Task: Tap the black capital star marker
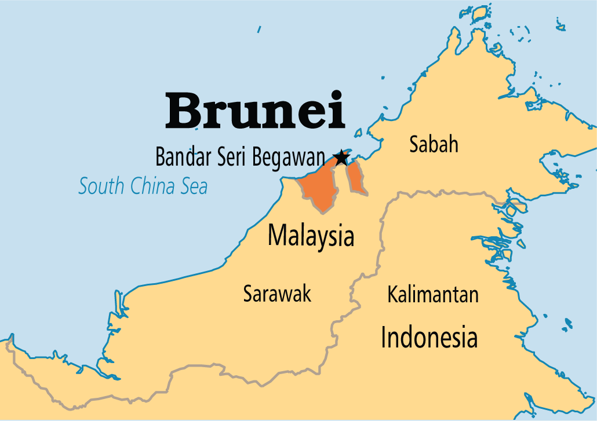click(x=341, y=157)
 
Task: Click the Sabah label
click(x=434, y=144)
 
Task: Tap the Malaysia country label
click(x=311, y=236)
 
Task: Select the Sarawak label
click(x=277, y=294)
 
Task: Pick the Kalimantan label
click(x=433, y=294)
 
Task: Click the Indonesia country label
click(x=429, y=336)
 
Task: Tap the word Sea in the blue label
click(x=195, y=186)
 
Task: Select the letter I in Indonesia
click(x=384, y=336)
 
